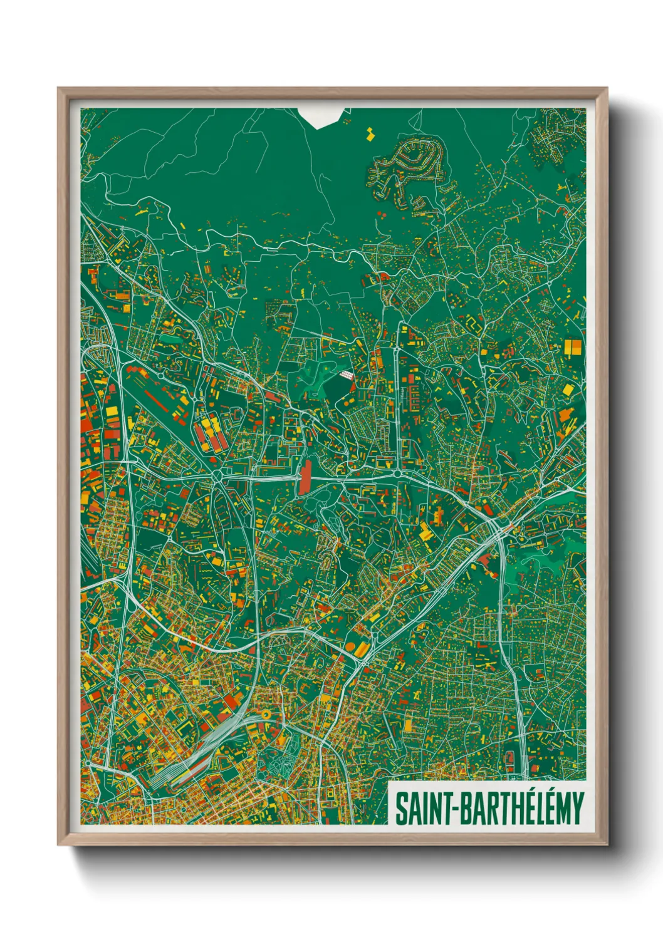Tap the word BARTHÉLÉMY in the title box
[x=523, y=808]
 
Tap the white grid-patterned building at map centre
[x=346, y=375]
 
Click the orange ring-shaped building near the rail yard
[x=266, y=713]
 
